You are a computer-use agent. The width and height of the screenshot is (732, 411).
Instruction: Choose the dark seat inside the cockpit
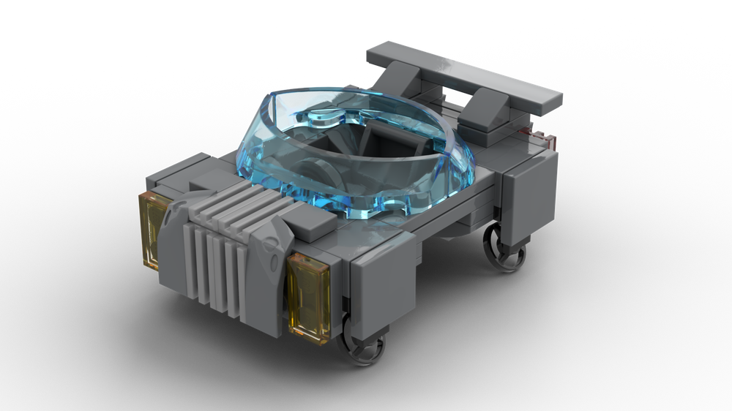381,143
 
